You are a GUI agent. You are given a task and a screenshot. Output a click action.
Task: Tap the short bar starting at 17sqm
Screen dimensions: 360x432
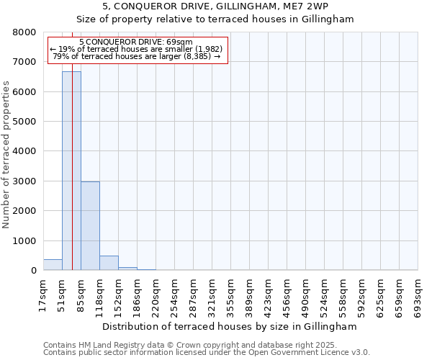[x=53, y=265]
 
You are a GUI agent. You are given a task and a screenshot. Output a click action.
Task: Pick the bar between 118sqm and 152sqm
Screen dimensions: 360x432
[x=109, y=263]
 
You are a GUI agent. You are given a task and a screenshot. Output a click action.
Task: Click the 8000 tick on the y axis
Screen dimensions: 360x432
[x=24, y=32]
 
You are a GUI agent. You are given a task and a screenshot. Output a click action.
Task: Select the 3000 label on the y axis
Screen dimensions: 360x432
[x=24, y=181]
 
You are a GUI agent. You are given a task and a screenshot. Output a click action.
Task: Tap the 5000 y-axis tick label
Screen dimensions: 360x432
[x=24, y=122]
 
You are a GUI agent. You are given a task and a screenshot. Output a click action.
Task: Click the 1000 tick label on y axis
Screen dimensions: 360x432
[x=24, y=241]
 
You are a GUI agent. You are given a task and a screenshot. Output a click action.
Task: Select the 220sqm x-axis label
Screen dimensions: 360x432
[x=156, y=295]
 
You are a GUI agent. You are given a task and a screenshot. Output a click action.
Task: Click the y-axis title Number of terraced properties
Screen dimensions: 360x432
[x=6, y=155]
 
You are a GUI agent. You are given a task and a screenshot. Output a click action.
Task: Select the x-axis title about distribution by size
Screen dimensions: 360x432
[x=229, y=326]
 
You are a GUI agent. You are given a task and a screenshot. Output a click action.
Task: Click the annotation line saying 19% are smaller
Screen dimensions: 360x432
[x=137, y=49]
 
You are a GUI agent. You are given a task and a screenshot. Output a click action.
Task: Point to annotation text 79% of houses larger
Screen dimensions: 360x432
[x=137, y=56]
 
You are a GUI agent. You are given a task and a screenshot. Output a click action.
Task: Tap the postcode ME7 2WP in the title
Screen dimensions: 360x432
[x=307, y=6]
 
